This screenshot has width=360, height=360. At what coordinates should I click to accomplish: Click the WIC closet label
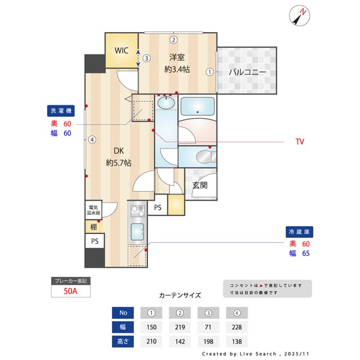(121, 51)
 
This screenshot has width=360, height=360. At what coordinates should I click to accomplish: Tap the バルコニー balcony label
(247, 72)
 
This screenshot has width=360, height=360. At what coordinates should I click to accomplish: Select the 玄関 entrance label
(200, 185)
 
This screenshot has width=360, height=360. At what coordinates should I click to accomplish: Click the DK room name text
(119, 151)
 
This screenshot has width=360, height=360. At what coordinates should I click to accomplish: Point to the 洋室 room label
(177, 57)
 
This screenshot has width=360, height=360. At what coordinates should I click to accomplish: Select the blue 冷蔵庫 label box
(299, 232)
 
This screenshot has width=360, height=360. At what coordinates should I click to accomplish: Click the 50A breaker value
(70, 291)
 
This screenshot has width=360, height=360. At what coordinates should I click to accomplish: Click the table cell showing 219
(181, 327)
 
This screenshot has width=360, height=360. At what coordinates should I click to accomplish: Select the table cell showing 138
(237, 341)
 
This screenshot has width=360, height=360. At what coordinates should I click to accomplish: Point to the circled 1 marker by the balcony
(209, 72)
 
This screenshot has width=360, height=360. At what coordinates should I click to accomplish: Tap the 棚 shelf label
(93, 227)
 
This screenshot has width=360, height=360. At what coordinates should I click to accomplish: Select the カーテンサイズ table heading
(180, 295)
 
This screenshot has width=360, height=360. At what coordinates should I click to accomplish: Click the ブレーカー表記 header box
(70, 281)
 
